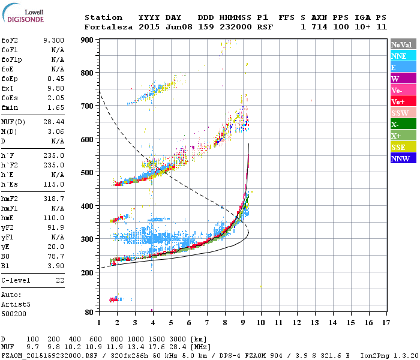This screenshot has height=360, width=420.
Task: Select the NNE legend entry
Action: click(403, 56)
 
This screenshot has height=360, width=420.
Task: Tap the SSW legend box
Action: click(403, 113)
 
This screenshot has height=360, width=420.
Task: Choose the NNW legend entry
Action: click(403, 158)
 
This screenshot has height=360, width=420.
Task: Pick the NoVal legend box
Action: click(403, 44)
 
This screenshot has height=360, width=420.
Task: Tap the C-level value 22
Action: click(60, 281)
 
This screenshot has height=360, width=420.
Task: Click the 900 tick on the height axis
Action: click(88, 40)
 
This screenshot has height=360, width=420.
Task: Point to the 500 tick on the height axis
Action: click(88, 173)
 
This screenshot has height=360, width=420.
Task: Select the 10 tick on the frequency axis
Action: click(261, 322)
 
